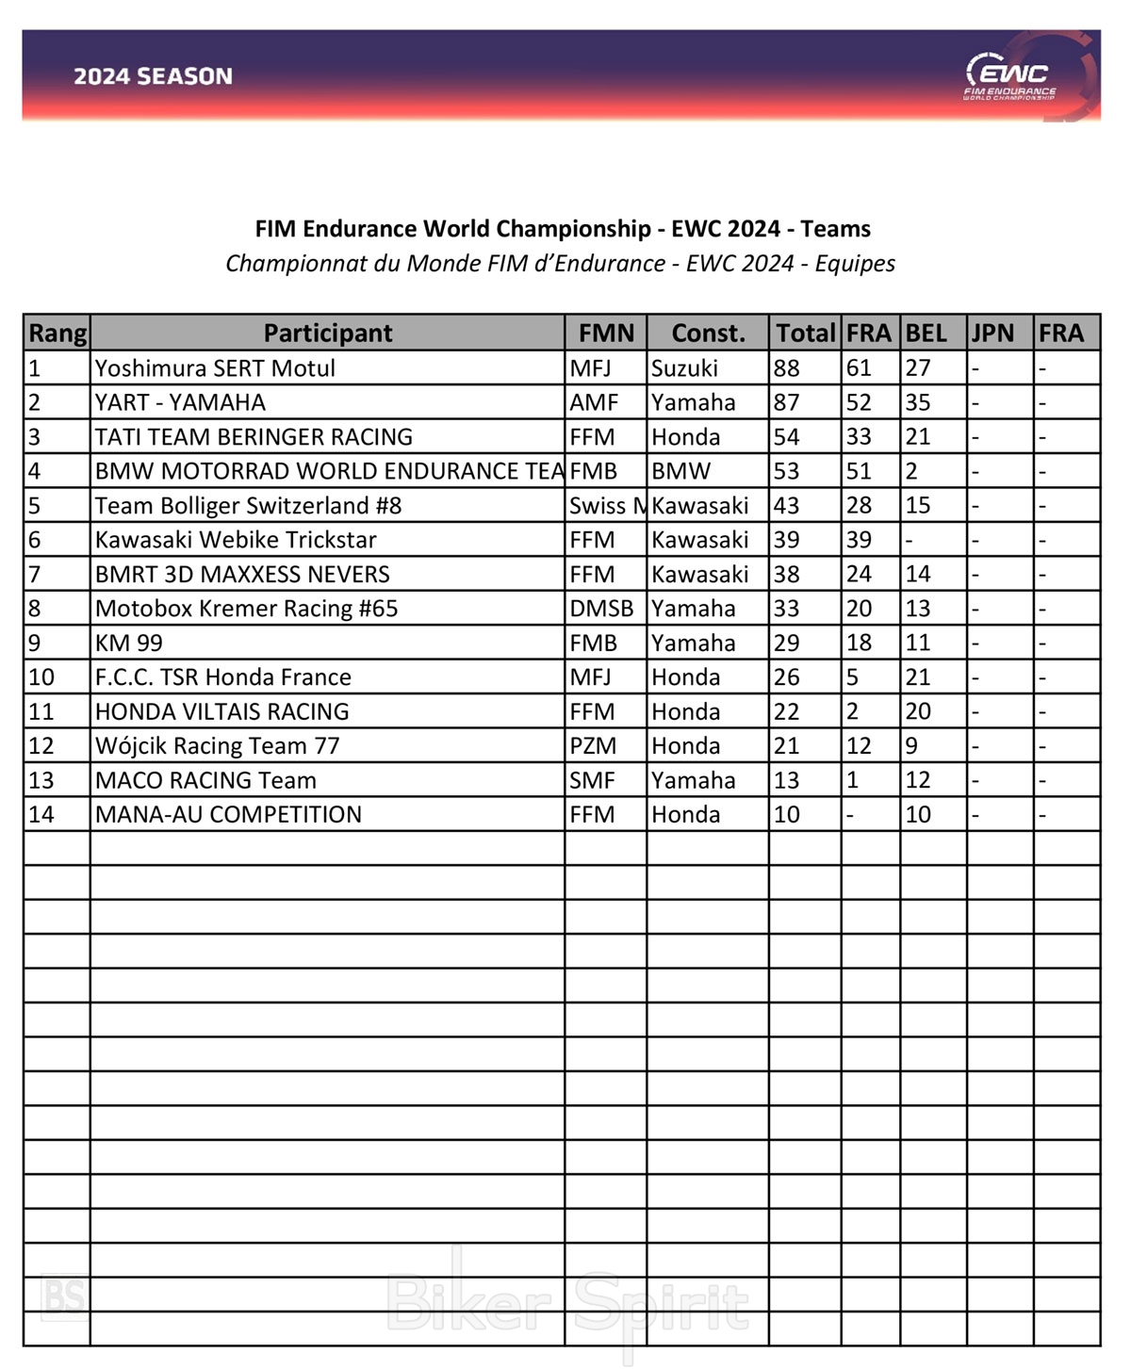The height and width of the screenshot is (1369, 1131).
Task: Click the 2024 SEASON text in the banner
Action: (x=153, y=76)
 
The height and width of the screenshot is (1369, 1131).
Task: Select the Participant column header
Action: (x=328, y=333)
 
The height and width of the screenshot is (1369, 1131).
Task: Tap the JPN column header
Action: (x=992, y=333)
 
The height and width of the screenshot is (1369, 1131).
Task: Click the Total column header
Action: (x=805, y=333)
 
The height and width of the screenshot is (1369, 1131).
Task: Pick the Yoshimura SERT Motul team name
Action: (x=215, y=368)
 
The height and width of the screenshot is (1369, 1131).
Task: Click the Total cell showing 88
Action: (x=787, y=368)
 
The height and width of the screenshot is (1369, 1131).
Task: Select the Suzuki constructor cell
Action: (x=684, y=368)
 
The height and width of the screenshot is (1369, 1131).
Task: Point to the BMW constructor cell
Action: (x=681, y=471)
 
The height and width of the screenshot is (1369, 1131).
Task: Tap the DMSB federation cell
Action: (x=601, y=609)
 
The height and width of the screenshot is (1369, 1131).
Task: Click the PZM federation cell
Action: (x=593, y=746)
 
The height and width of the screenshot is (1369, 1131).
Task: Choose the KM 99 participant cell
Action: (x=129, y=643)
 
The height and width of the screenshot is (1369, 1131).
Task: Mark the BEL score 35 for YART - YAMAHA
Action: (x=918, y=402)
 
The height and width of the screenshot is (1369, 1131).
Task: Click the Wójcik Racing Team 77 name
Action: (x=217, y=746)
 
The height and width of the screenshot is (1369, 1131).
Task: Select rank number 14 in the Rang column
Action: (x=41, y=815)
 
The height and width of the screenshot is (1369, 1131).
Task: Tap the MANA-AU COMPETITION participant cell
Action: (x=228, y=815)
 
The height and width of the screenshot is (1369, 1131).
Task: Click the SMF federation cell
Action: (x=592, y=780)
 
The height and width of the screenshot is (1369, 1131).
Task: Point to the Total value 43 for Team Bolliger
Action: (x=787, y=506)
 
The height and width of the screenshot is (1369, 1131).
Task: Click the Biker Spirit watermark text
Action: (x=567, y=1304)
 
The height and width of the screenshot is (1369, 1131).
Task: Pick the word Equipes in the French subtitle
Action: (x=855, y=264)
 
